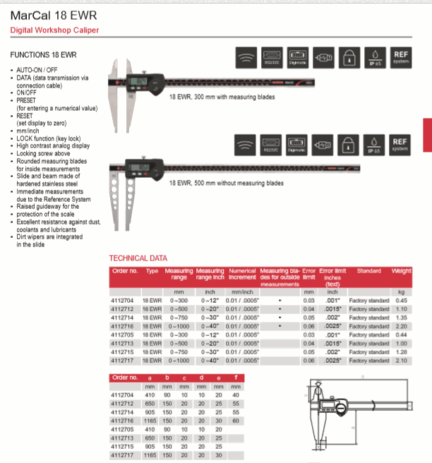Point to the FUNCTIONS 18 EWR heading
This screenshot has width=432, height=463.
(43, 54)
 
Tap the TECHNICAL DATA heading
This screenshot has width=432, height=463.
(138, 258)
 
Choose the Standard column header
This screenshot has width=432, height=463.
(369, 271)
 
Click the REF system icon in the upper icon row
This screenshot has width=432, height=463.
(401, 56)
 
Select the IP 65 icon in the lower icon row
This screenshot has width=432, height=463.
(375, 145)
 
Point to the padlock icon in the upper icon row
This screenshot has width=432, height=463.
(348, 56)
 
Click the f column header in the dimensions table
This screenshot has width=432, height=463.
(235, 378)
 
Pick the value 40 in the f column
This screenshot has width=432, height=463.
(235, 395)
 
